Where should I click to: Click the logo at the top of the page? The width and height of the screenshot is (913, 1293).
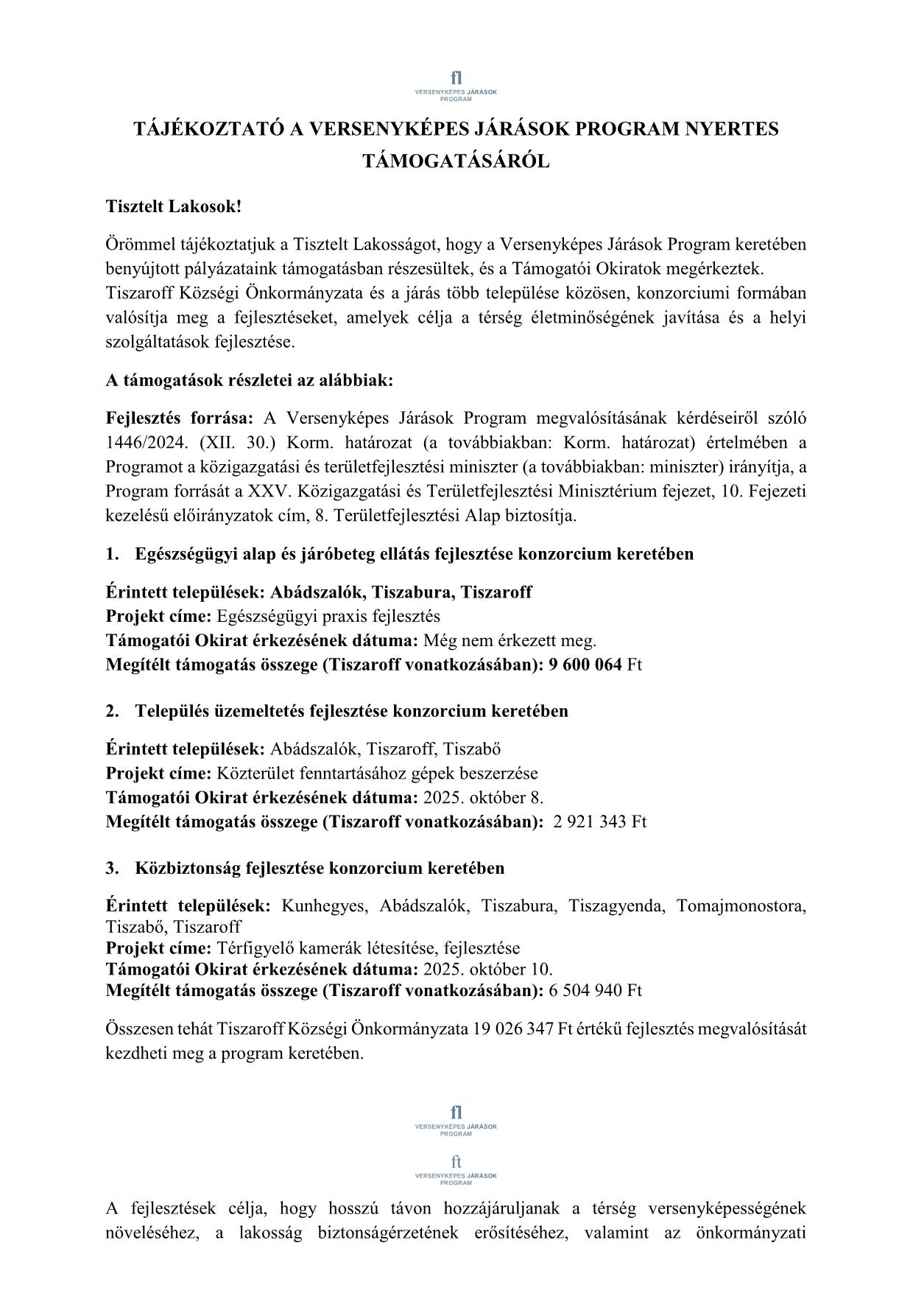click(456, 85)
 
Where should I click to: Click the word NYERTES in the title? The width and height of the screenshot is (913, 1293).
click(732, 129)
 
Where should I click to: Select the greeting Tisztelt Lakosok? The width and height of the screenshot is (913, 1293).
click(174, 206)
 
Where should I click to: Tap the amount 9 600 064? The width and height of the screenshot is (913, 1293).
click(585, 665)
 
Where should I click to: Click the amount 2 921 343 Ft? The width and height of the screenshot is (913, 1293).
click(599, 821)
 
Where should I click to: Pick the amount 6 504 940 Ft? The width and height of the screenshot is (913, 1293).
click(595, 990)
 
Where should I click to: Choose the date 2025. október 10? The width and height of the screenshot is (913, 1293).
click(487, 970)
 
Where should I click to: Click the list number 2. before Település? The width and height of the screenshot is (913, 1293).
click(112, 711)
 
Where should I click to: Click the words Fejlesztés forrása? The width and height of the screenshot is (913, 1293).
click(179, 418)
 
